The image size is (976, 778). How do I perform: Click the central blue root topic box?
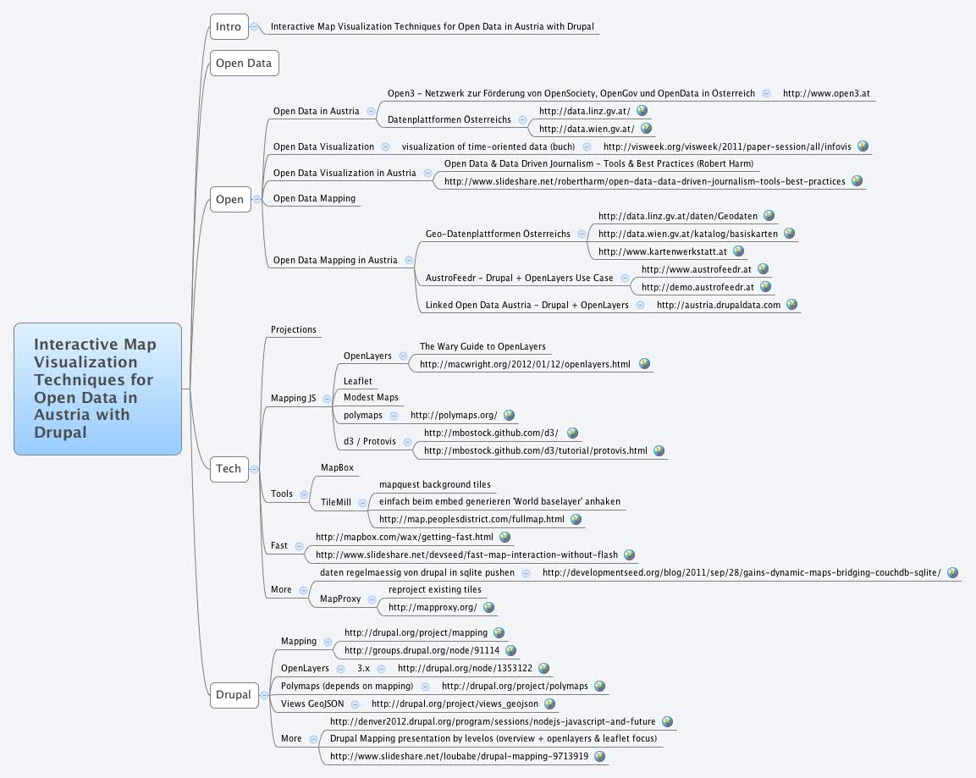click(x=97, y=389)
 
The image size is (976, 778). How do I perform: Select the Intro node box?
click(x=228, y=27)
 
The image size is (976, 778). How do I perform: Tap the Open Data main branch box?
click(x=243, y=63)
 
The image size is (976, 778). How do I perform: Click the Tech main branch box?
click(x=228, y=468)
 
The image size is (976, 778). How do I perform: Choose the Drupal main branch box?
click(x=233, y=694)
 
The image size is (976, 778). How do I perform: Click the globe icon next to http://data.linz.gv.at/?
click(x=642, y=111)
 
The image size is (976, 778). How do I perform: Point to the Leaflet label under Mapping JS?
click(x=357, y=382)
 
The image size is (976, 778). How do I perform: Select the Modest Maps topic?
click(x=371, y=397)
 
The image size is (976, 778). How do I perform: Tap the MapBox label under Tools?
click(x=337, y=467)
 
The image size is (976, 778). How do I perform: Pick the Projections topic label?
click(x=293, y=329)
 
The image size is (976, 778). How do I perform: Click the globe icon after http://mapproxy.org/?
click(x=488, y=607)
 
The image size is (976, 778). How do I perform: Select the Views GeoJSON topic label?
click(x=312, y=704)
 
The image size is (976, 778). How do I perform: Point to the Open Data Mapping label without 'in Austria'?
click(x=314, y=198)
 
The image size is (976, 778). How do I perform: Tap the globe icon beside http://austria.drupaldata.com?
click(x=791, y=305)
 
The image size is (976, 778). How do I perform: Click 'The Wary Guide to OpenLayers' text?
click(x=482, y=346)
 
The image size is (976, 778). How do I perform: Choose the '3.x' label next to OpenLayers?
click(x=363, y=668)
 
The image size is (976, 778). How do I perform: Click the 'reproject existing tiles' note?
click(x=434, y=589)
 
